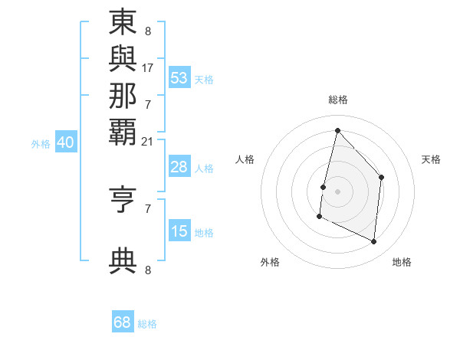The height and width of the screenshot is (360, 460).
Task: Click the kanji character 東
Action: point(123,23)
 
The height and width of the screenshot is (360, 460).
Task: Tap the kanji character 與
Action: point(123,59)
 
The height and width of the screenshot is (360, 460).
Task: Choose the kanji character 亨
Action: point(123,200)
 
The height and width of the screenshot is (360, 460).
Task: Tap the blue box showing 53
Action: point(179,78)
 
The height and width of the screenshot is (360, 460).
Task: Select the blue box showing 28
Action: point(179,167)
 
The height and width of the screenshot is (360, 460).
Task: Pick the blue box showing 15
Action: point(179,231)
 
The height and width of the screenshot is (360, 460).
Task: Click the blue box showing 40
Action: point(66,142)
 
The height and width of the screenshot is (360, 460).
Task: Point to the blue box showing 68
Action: point(123,322)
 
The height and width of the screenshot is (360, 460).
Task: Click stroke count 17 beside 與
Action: point(148,67)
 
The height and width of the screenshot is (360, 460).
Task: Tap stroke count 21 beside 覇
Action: point(148,141)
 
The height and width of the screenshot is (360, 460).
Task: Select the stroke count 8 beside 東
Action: point(147,32)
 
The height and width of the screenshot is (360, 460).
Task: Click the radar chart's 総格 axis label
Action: point(338,100)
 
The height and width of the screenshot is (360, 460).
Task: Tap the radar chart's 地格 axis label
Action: point(402,262)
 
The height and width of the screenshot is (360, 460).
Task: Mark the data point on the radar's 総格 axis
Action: point(337,130)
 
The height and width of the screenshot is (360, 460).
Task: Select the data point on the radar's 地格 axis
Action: point(374,241)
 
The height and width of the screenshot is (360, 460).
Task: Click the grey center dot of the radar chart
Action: point(337,191)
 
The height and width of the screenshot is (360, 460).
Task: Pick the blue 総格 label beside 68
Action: point(147,324)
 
